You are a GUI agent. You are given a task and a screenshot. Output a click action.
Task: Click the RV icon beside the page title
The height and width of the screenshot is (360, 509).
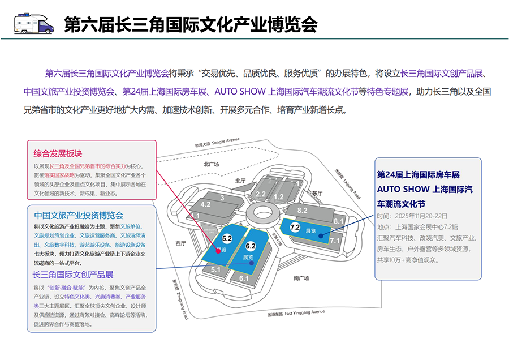point(33,23)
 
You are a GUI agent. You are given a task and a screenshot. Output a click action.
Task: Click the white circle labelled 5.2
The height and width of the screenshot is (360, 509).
point(227,239)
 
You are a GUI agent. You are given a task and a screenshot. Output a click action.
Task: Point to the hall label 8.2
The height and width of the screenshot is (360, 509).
point(302,211)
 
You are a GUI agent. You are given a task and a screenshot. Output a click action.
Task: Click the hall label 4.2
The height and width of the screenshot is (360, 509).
point(205,204)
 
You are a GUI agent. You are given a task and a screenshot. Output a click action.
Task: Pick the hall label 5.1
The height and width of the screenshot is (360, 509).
point(215,270)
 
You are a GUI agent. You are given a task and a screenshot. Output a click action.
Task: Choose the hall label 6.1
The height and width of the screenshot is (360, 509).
point(244,278)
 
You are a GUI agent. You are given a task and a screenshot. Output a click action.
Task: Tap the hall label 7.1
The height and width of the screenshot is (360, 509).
point(334,241)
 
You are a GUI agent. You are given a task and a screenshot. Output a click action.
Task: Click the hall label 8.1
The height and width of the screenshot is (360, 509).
point(339,221)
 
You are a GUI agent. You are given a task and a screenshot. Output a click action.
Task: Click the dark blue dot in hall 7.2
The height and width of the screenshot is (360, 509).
point(320,236)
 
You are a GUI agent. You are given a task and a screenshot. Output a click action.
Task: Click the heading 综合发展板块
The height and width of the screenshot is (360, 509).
point(58,153)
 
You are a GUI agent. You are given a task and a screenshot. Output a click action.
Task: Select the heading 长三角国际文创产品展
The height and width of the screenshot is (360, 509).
point(73,275)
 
